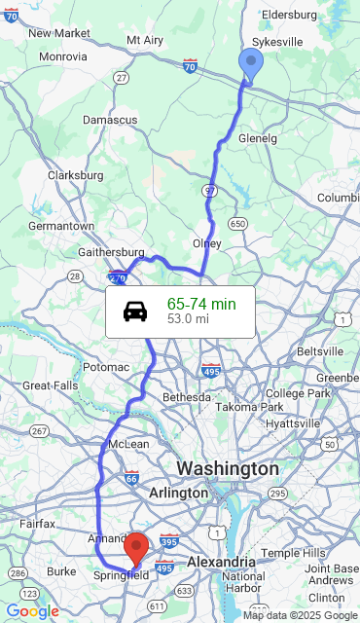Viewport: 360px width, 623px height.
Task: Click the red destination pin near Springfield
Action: click(x=137, y=547)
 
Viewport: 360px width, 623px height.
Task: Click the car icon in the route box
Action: click(x=135, y=311)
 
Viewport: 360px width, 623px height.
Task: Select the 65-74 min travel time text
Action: click(x=201, y=305)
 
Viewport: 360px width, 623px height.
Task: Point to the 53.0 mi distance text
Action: click(x=188, y=318)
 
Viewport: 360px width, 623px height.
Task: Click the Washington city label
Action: click(x=227, y=469)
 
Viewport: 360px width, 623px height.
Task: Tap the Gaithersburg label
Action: click(x=111, y=253)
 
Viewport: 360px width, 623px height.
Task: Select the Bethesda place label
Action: click(x=186, y=397)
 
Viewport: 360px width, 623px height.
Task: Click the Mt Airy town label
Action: click(x=146, y=40)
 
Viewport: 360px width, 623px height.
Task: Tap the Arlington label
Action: click(x=178, y=494)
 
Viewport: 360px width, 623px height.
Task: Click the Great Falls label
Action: click(x=50, y=385)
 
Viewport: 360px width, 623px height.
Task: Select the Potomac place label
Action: click(x=106, y=367)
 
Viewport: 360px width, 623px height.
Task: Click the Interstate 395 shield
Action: click(x=167, y=541)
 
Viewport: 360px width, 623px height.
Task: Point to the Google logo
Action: click(x=32, y=611)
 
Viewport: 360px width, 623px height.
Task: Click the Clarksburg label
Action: click(x=75, y=175)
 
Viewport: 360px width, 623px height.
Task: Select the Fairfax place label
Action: click(x=38, y=523)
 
